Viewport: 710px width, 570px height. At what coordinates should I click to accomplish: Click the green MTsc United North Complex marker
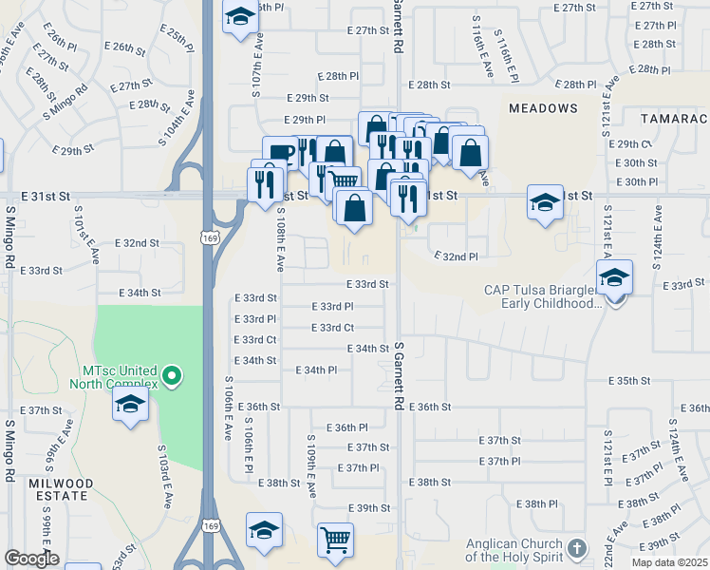172,377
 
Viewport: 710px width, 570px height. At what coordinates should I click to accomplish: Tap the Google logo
31,559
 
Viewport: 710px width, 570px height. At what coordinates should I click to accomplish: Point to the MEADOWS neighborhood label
543,108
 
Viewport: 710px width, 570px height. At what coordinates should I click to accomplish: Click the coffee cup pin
281,155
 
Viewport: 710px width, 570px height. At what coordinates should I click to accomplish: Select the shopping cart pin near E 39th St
335,540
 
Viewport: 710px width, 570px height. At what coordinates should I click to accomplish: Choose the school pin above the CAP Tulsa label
614,276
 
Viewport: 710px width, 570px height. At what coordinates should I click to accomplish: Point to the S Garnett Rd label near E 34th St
400,376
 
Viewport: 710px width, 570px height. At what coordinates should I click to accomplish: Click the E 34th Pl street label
317,370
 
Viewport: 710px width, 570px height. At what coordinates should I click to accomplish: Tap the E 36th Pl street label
346,427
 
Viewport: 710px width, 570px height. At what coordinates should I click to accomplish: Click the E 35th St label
630,380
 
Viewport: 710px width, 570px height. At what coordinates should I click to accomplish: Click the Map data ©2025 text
670,562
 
